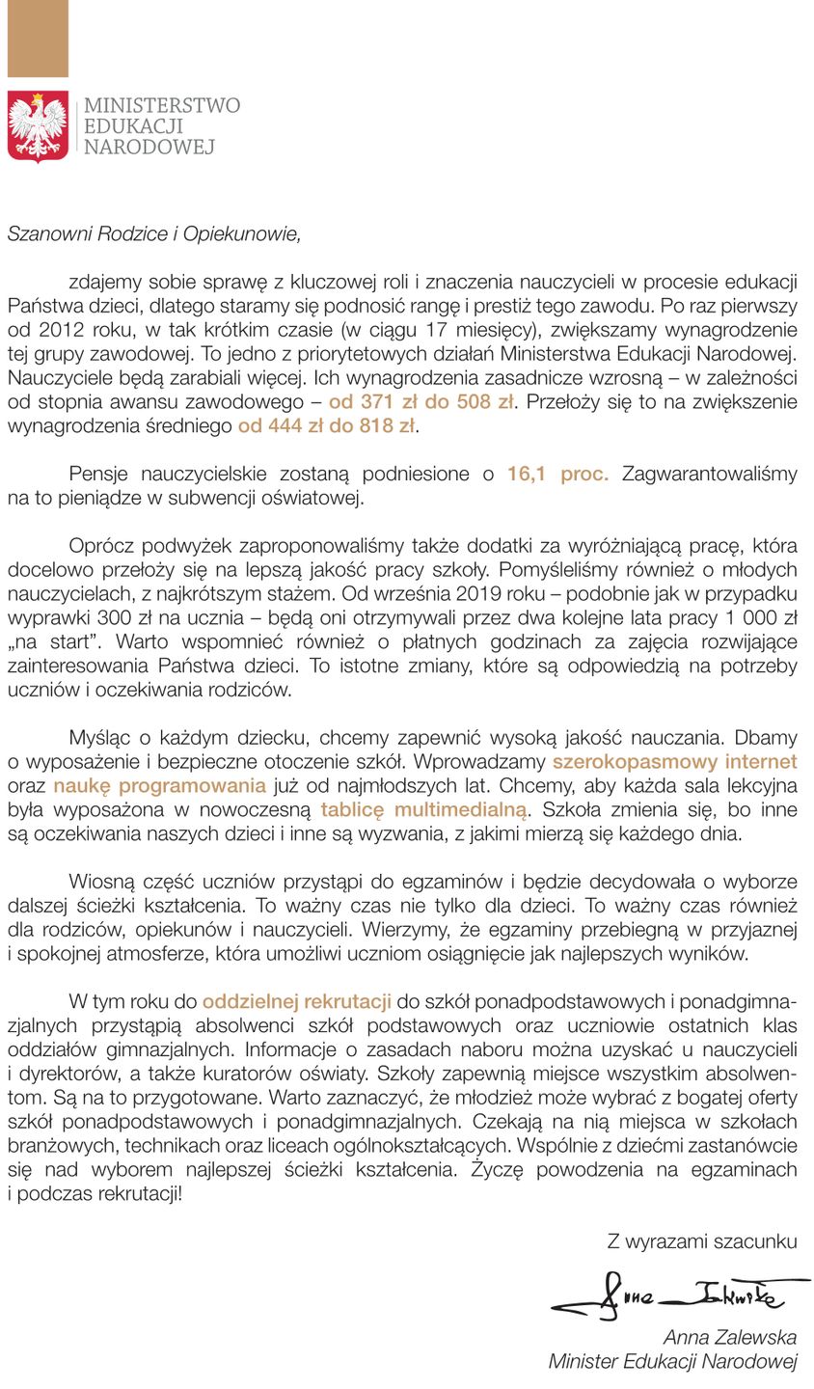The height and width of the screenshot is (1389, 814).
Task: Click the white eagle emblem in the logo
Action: pyautogui.click(x=38, y=125)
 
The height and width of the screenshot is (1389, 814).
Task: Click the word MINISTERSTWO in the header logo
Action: pyautogui.click(x=162, y=105)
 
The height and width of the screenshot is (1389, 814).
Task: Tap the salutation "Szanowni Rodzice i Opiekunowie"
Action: pyautogui.click(x=154, y=233)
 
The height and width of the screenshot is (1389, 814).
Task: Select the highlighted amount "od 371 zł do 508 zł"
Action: pyautogui.click(x=421, y=402)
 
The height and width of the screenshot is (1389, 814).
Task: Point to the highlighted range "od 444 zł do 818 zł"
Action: pyautogui.click(x=327, y=425)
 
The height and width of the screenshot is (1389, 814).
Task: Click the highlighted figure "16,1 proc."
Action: pyautogui.click(x=557, y=474)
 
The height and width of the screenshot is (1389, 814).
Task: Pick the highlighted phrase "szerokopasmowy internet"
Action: pyautogui.click(x=674, y=761)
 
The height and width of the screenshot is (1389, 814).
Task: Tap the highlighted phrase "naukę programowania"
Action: pyautogui.click(x=159, y=785)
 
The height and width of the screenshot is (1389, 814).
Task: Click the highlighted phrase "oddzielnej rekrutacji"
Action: pyautogui.click(x=296, y=1001)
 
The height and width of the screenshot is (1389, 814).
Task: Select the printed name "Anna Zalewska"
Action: pyautogui.click(x=729, y=1338)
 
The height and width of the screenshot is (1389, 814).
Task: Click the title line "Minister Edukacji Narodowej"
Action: pyautogui.click(x=672, y=1362)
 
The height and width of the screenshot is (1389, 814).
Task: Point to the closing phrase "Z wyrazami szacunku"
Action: pyautogui.click(x=701, y=1241)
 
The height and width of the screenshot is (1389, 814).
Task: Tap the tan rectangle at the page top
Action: pyautogui.click(x=38, y=39)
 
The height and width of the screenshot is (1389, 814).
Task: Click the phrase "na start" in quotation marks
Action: pyautogui.click(x=48, y=641)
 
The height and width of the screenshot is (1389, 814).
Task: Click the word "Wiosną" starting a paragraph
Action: pyautogui.click(x=100, y=882)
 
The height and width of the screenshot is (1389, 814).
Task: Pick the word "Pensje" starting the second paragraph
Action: pyautogui.click(x=99, y=474)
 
